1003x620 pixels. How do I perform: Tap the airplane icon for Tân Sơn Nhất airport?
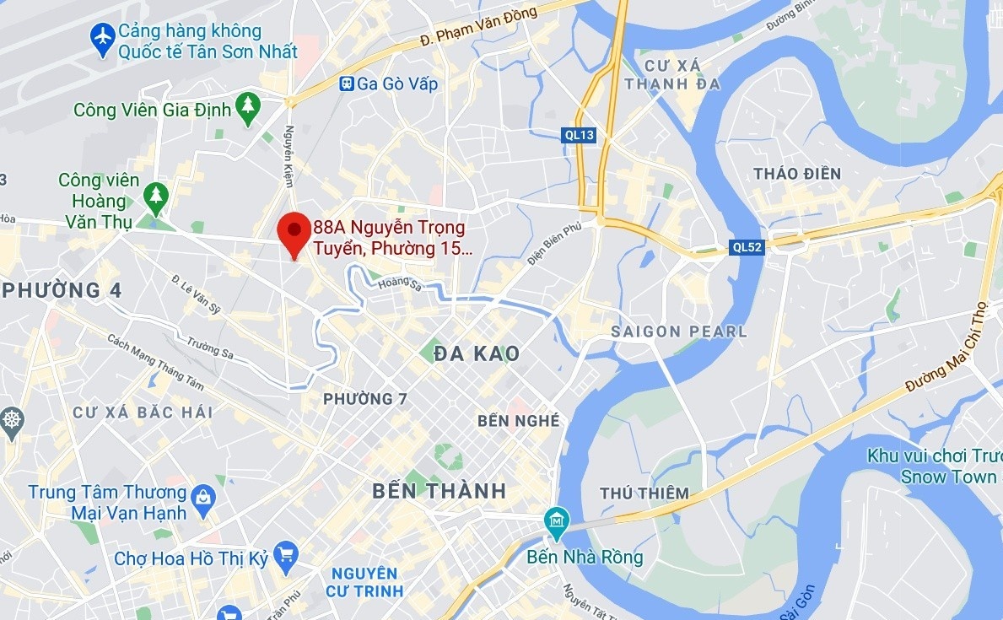[103, 39]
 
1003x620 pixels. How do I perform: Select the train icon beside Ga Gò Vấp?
[346, 84]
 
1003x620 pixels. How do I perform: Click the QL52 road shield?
[747, 247]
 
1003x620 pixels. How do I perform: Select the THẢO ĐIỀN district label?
[797, 174]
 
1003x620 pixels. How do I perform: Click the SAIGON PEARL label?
[679, 332]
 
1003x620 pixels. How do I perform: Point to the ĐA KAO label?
[477, 353]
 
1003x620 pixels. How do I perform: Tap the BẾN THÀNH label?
[439, 491]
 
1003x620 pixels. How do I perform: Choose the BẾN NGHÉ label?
[518, 420]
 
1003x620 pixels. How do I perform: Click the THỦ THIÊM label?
[644, 493]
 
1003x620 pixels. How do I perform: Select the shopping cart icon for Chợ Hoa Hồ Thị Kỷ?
[286, 554]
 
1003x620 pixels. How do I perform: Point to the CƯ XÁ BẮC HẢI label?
[143, 412]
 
